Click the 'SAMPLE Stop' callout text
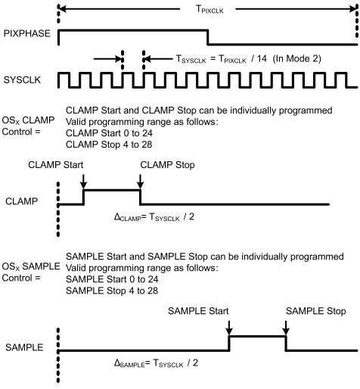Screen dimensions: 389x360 (x=316, y=311)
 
